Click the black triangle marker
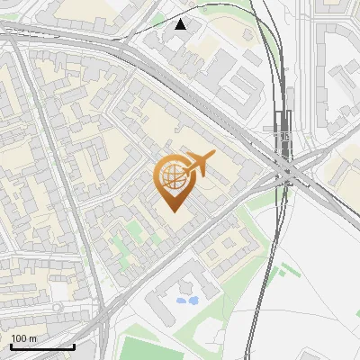click(181, 24)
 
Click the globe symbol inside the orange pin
click(171, 176)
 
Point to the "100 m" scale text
click(22, 337)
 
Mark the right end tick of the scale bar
click(74, 344)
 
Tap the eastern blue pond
click(193, 301)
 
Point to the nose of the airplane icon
click(214, 155)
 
